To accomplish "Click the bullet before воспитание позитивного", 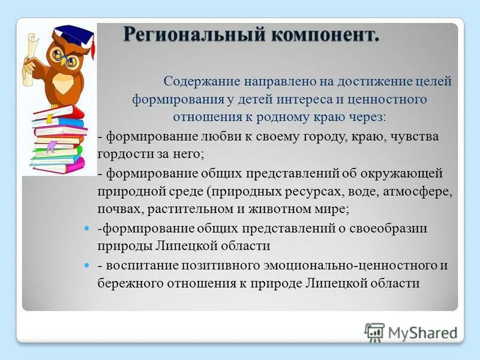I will coord(85,265).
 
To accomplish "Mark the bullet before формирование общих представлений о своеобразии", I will coord(85,229).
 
